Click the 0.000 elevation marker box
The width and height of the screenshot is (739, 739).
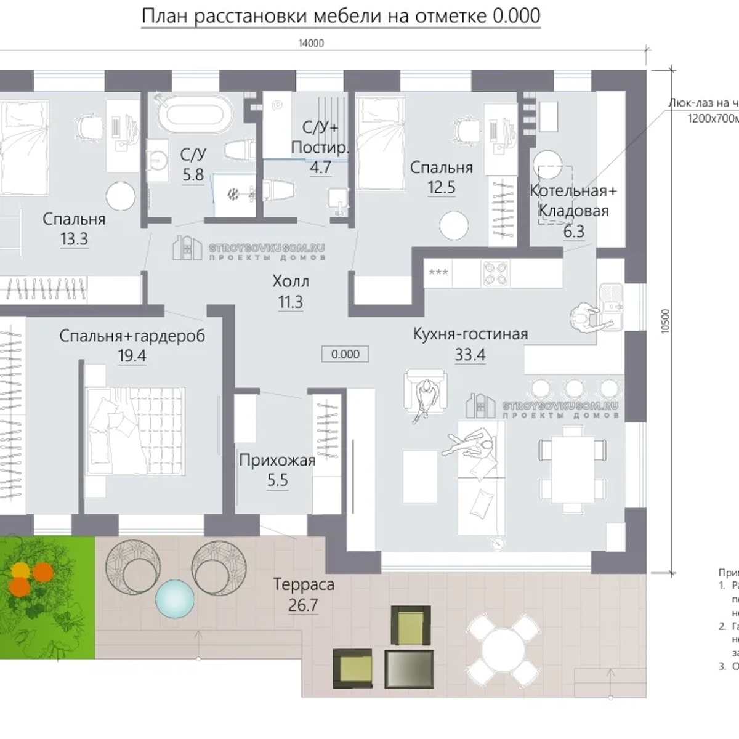(345, 354)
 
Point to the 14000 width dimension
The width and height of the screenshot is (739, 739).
(310, 43)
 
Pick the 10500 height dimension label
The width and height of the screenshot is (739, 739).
(664, 320)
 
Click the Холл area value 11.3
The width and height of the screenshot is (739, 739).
(291, 302)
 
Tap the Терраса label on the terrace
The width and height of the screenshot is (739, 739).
(304, 583)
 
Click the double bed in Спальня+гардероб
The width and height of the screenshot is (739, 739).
(135, 430)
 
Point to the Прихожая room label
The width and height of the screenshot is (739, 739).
(277, 460)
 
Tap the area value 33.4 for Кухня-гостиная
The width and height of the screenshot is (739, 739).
(470, 355)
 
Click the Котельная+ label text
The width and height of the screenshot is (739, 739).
(573, 191)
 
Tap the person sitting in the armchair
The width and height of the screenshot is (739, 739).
(425, 393)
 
